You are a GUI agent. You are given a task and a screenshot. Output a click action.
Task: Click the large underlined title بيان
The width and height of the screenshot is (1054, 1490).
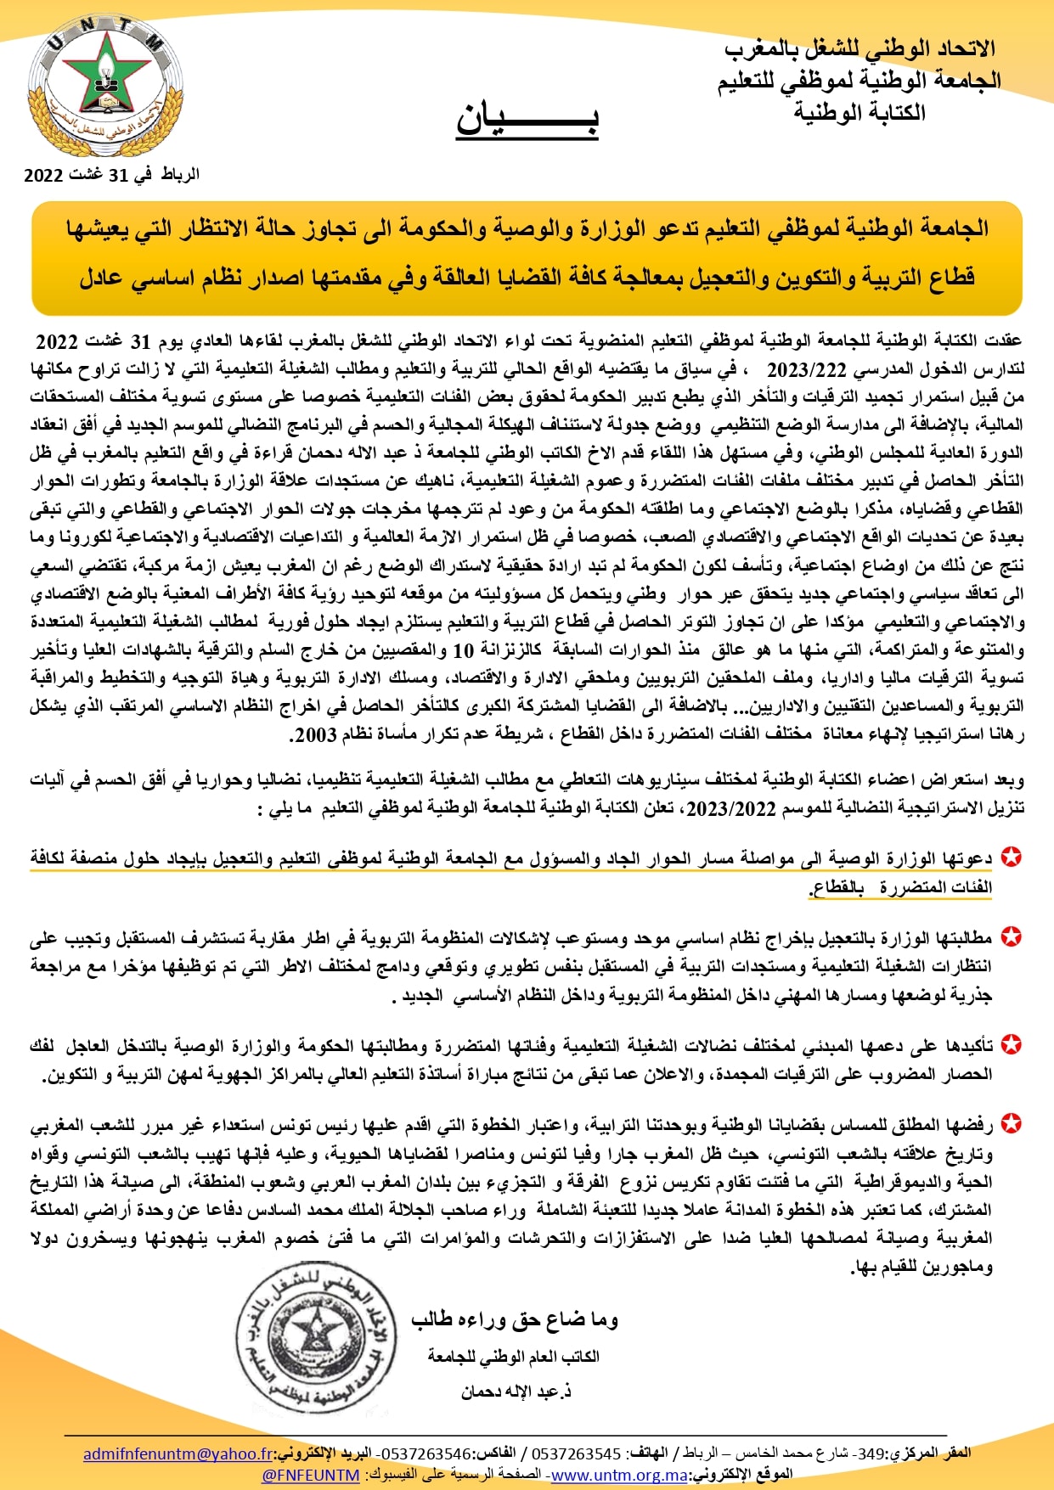pos(527,119)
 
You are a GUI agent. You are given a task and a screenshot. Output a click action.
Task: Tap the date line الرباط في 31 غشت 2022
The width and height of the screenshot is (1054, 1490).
pos(111,175)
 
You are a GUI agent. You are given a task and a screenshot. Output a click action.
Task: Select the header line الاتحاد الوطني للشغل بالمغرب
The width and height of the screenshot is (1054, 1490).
pos(860,49)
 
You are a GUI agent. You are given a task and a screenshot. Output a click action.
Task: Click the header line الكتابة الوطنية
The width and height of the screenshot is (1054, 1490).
pos(860,112)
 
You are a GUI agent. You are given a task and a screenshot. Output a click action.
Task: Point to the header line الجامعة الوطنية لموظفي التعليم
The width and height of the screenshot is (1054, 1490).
pos(860,81)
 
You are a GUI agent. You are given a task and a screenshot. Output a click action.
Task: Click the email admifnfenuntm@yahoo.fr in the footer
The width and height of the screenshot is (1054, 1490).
pos(178,1453)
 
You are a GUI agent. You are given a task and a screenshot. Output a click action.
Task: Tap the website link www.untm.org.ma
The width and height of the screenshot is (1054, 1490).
pos(619,1475)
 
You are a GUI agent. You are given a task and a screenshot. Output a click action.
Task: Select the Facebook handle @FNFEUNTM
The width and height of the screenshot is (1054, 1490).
pos(311,1475)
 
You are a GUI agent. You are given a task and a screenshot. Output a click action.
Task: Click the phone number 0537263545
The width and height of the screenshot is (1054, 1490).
pos(577,1453)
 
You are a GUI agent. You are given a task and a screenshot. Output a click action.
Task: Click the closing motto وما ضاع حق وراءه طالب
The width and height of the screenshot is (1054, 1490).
pos(515,1319)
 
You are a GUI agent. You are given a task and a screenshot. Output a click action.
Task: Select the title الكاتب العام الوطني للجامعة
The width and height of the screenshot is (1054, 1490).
pos(514,1357)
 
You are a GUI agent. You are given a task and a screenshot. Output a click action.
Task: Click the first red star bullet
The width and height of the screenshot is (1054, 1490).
pos(1011,857)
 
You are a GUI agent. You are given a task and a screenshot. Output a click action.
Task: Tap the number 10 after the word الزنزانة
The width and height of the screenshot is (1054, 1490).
pos(463,650)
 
